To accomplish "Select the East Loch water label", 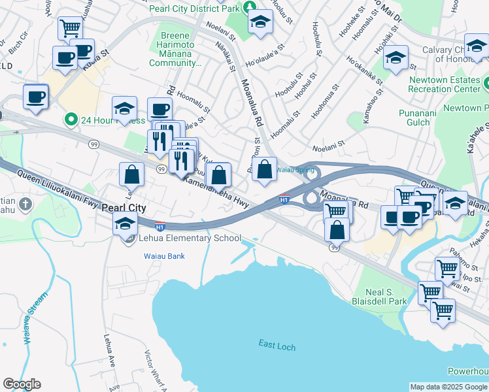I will pyautogui.click(x=273, y=344).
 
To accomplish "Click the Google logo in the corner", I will pyautogui.click(x=22, y=384).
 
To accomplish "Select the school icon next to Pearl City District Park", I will pyautogui.click(x=260, y=22).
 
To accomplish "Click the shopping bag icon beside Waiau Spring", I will pyautogui.click(x=264, y=170).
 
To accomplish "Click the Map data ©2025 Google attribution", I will pyautogui.click(x=448, y=387).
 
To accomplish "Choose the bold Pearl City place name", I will pyautogui.click(x=124, y=207).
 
